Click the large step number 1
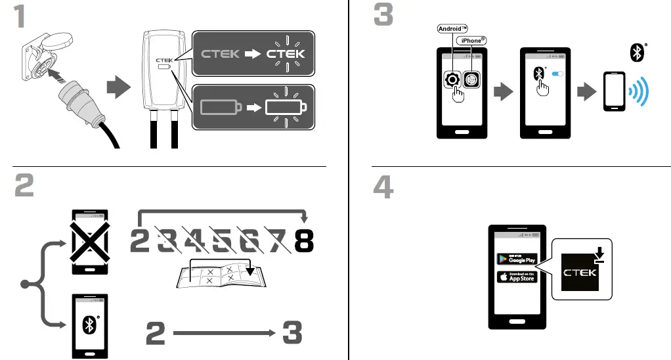[22, 16]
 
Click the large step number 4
[383, 187]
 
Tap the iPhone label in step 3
[473, 40]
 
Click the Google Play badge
[518, 258]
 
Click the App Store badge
[518, 277]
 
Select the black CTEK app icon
[581, 272]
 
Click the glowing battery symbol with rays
[286, 106]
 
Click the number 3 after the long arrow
[292, 334]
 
